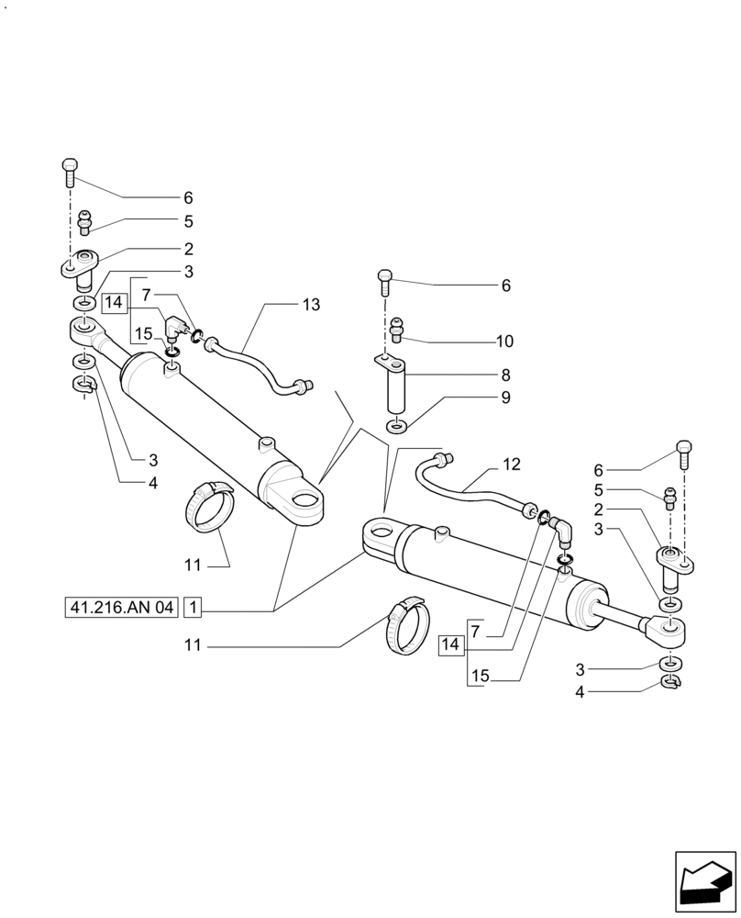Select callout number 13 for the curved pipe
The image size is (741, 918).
(311, 305)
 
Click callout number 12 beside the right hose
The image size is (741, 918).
(511, 465)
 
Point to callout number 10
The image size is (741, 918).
(504, 341)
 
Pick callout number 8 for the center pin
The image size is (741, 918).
(505, 375)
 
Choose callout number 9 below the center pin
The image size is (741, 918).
(505, 398)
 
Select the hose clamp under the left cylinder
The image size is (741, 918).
(212, 506)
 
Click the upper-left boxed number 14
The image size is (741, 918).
(114, 302)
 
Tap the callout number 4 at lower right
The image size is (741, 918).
(579, 691)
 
